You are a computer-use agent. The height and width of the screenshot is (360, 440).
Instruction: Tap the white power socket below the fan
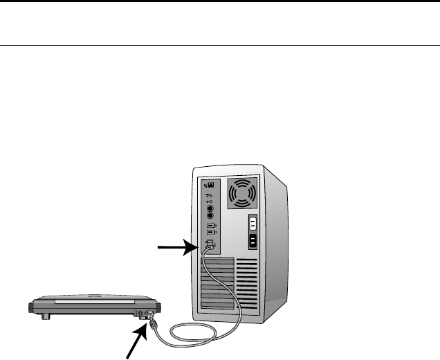pyautogui.click(x=253, y=224)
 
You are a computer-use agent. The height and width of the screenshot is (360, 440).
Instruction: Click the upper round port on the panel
pyautogui.click(x=210, y=206)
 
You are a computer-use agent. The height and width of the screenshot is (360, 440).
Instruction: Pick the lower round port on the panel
pyautogui.click(x=210, y=215)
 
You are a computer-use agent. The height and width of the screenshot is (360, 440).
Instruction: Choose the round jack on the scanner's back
pyautogui.click(x=141, y=312)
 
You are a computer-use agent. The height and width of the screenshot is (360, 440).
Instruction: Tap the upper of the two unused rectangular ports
pyautogui.click(x=210, y=226)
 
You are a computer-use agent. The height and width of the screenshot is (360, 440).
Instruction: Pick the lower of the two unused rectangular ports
pyautogui.click(x=210, y=233)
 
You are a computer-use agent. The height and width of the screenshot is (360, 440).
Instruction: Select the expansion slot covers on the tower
pyautogui.click(x=216, y=284)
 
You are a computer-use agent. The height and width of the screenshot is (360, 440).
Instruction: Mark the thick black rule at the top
pyautogui.click(x=220, y=1)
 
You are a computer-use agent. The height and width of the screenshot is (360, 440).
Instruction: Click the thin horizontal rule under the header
pyautogui.click(x=220, y=46)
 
